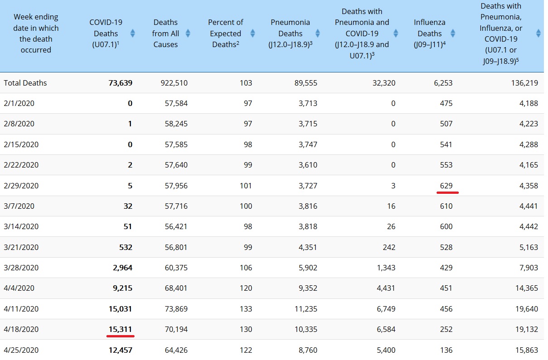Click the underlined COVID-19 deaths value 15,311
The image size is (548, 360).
pos(120,329)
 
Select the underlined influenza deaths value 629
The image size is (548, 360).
pos(446,186)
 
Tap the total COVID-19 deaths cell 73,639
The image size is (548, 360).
pos(120,83)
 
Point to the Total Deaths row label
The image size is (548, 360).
pos(25,83)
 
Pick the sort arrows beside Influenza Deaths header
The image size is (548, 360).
pos(453,34)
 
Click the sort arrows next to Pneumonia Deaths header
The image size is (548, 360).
pos(317,34)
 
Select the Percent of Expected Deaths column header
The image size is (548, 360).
pos(226,34)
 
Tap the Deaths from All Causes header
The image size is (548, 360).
pos(165,34)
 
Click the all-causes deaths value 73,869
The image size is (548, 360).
pos(176,309)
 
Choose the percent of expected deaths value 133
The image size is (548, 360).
pos(245,309)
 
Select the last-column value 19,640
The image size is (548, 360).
pos(526,309)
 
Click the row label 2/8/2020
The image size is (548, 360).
pos(19,124)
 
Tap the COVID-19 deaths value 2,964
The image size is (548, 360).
pos(122,268)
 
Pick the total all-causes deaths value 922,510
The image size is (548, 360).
pos(174,83)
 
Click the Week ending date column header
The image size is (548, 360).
pos(36,34)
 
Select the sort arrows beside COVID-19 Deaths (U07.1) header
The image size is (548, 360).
pos(132,34)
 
